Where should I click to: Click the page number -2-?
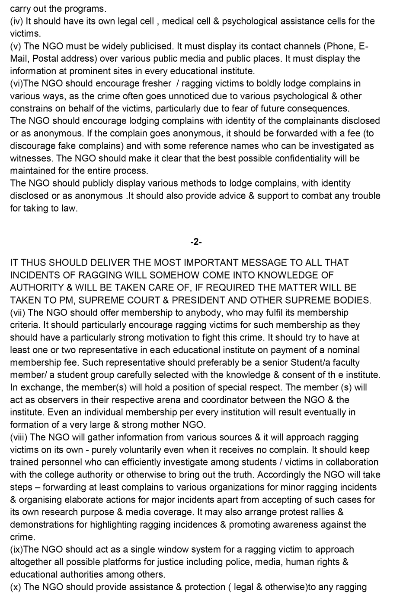point(196,242)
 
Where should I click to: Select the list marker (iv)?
point(17,21)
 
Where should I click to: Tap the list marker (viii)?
point(19,437)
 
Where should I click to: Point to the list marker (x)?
point(16,587)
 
